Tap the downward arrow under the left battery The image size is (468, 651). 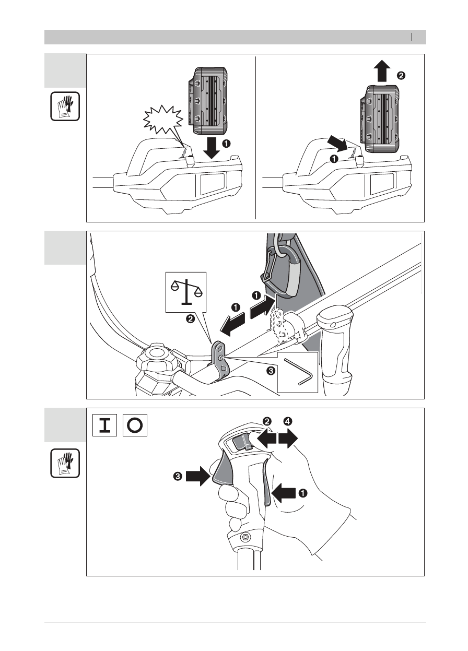[212, 148]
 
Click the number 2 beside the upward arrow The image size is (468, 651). [401, 76]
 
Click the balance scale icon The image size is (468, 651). [186, 292]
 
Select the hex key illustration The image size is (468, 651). [298, 372]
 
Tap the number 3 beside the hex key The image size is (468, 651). [271, 371]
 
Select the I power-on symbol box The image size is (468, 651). [104, 425]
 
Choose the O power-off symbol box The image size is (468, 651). [135, 425]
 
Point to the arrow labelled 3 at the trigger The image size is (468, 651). [198, 476]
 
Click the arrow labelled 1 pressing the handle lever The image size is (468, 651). [285, 493]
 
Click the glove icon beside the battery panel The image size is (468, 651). [65, 106]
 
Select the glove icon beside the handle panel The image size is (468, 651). [65, 463]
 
